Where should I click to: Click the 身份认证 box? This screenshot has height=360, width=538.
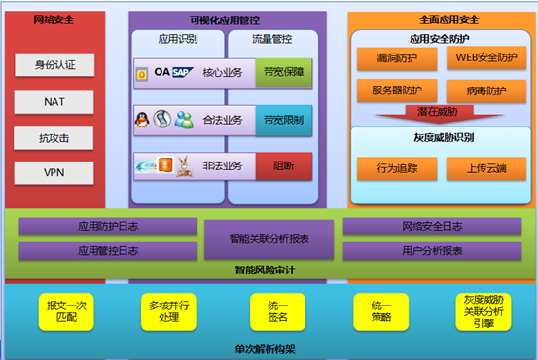54,65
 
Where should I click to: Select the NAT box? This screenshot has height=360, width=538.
54,101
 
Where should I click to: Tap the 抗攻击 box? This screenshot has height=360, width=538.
54,137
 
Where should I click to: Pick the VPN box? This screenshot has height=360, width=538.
54,173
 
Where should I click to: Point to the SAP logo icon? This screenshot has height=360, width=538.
182,72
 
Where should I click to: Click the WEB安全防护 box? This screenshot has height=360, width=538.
485,59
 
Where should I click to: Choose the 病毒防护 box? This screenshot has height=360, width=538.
485,91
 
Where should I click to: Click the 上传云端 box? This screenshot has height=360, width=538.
485,168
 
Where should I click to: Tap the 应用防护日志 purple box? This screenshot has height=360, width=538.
108,225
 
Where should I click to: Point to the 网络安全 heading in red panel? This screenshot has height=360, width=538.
54,18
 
